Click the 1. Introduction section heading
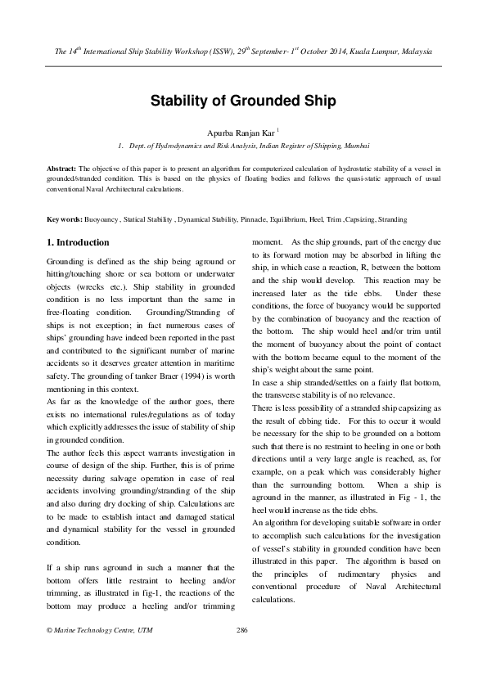click(78, 243)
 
